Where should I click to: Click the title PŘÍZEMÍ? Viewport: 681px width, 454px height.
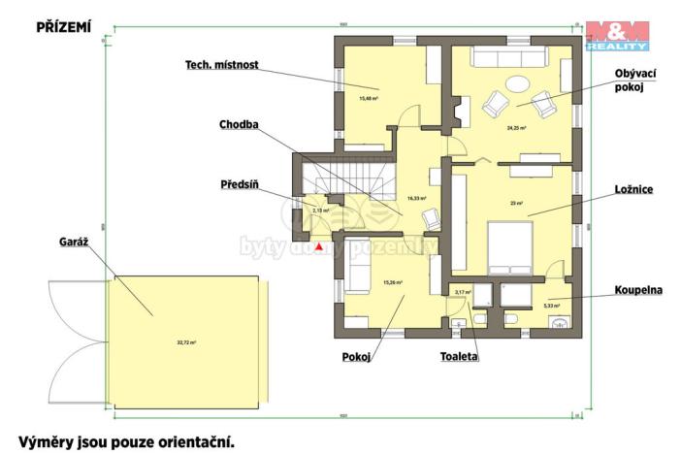pyautogui.click(x=63, y=28)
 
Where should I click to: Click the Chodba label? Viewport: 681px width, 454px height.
pyautogui.click(x=240, y=124)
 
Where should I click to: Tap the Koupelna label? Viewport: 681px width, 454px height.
pyautogui.click(x=635, y=291)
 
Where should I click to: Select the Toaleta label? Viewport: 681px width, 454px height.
pyautogui.click(x=459, y=356)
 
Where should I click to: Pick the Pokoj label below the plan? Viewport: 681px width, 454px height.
pyautogui.click(x=356, y=357)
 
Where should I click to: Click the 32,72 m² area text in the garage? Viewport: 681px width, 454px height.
pyautogui.click(x=186, y=341)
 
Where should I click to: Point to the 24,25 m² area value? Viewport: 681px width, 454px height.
pyautogui.click(x=515, y=127)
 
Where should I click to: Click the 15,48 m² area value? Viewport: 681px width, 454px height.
pyautogui.click(x=368, y=98)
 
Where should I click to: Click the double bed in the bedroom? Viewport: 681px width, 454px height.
pyautogui.click(x=508, y=248)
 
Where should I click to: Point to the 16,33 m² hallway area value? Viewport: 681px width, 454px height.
pyautogui.click(x=417, y=198)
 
